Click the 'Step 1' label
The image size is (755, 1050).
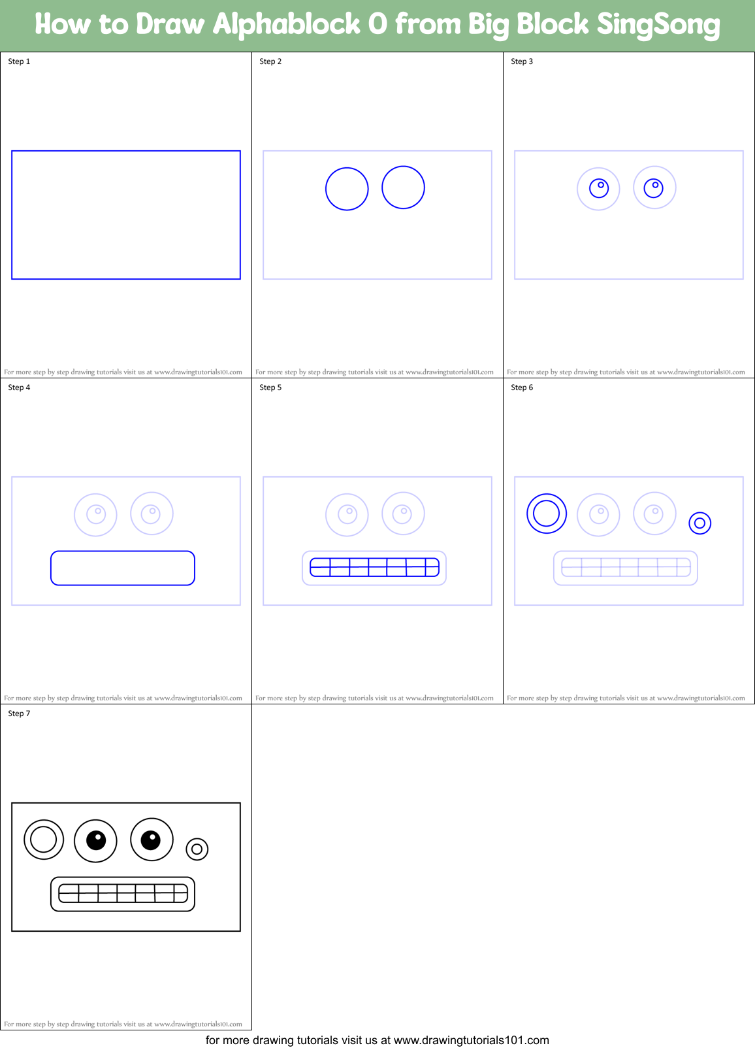pyautogui.click(x=19, y=61)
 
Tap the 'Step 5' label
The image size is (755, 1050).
pyautogui.click(x=270, y=387)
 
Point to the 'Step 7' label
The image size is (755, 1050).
pyautogui.click(x=19, y=714)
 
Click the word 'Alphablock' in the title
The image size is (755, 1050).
pyautogui.click(x=286, y=25)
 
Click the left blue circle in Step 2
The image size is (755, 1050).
pyautogui.click(x=347, y=189)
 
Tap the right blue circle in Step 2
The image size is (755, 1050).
pyautogui.click(x=403, y=188)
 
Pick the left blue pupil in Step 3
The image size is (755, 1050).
pyautogui.click(x=599, y=188)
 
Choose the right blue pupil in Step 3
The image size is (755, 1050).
pyautogui.click(x=654, y=188)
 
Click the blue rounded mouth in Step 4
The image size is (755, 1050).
pyautogui.click(x=123, y=568)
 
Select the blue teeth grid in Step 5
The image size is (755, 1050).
pyautogui.click(x=374, y=567)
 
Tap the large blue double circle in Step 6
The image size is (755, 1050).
pyautogui.click(x=547, y=514)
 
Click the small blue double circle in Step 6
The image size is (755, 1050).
pyautogui.click(x=699, y=523)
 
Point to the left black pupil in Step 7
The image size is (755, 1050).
pyautogui.click(x=96, y=840)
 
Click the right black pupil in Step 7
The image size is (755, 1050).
pyautogui.click(x=151, y=839)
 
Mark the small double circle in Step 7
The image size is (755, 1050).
pyautogui.click(x=197, y=849)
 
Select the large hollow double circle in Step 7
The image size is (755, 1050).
pyautogui.click(x=44, y=840)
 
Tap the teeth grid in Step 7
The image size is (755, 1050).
pyautogui.click(x=123, y=893)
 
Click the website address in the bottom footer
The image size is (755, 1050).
pyautogui.click(x=471, y=1040)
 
